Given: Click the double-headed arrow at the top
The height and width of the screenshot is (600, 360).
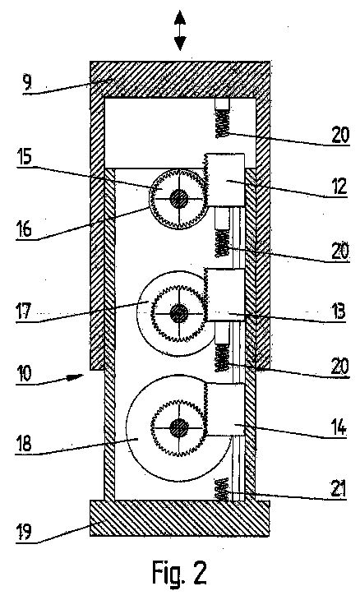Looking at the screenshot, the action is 179,30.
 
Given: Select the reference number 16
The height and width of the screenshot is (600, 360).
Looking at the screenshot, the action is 24,229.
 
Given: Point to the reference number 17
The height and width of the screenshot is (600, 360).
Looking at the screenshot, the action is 23,310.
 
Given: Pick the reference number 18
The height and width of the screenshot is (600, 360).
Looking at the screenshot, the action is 24,445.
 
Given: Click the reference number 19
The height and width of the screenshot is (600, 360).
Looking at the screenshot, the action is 23,532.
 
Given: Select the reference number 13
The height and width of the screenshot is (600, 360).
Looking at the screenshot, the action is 339,312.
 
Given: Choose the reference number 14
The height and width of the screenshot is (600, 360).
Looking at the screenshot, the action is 339,427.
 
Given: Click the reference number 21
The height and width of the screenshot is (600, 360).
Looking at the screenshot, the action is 339,489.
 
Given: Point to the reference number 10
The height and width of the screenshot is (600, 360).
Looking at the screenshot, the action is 24,373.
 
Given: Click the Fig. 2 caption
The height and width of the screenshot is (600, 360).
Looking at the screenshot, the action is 179,572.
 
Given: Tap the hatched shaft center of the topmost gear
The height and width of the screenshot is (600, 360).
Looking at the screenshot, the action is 178,200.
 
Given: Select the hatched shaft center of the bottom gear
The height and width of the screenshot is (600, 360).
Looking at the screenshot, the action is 178,427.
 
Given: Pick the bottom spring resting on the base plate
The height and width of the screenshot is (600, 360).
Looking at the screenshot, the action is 222,489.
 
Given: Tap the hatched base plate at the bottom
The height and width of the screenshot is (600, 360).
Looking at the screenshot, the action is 179,518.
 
